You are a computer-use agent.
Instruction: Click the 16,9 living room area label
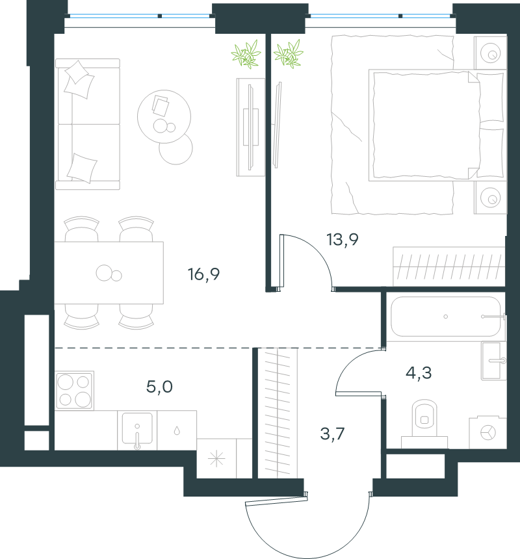pos(203,274)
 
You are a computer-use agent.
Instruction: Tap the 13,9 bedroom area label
pos(343,240)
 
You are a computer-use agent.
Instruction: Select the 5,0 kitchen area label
pos(159,387)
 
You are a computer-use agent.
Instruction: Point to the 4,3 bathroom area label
pos(419,373)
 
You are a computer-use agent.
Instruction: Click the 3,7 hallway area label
pos(332,434)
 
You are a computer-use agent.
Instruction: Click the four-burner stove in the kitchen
pos(75,391)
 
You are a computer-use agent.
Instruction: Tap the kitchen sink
pos(137,430)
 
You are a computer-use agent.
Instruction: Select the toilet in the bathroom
pos(424,424)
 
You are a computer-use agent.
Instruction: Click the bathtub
pos(446,316)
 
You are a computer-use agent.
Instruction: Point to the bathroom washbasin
pos(493,361)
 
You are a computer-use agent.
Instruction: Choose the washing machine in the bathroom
pos(487,432)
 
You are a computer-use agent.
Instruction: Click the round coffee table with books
pos(164,116)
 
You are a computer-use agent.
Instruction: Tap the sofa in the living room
pos(88,124)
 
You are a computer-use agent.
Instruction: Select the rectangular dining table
pos(109,273)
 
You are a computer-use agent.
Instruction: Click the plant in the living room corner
pos(246,54)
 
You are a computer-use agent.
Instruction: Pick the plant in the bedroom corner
pos(289,54)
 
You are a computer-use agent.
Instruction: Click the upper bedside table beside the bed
pos(490,53)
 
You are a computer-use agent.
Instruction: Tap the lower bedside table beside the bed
pos(490,198)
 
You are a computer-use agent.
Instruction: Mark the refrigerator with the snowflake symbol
pos(216,458)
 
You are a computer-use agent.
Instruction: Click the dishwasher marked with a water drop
pos(177,430)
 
